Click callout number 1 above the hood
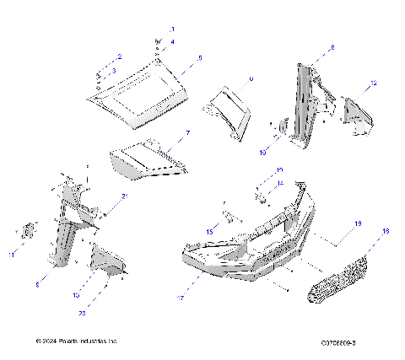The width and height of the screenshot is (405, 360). point(172,30)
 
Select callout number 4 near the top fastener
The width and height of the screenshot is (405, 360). point(172,41)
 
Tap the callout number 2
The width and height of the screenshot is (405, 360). point(120,56)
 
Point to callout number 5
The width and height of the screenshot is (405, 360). point(200,58)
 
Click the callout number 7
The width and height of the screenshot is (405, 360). point(188,133)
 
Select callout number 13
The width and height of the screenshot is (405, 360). point(75,296)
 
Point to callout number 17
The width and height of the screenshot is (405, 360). point(181,297)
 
